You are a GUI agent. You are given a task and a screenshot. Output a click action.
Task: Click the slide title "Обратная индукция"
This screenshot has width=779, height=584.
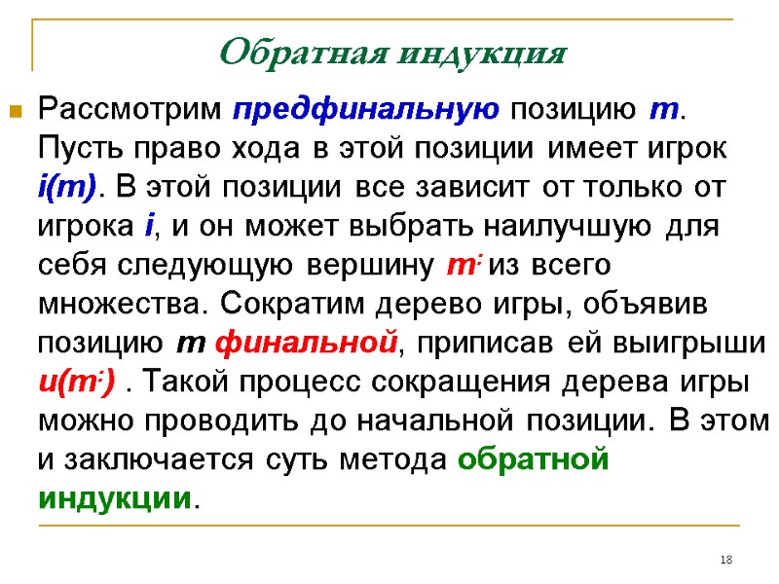[x=392, y=51]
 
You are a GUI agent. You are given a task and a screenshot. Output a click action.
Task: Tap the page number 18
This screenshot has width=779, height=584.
[x=725, y=559]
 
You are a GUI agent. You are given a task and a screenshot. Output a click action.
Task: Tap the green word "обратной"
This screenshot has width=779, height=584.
[x=533, y=460]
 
